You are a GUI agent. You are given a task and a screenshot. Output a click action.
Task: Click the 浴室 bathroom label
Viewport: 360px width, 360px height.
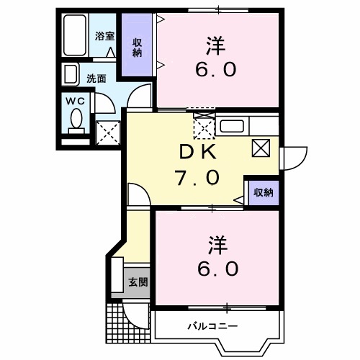coord(105,36)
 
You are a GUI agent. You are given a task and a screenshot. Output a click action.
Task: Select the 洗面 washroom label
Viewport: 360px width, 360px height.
coord(96,77)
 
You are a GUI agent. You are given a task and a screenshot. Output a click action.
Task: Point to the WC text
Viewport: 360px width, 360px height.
coord(76,102)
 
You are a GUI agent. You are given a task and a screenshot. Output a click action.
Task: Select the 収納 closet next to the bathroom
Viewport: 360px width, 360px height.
coord(135,47)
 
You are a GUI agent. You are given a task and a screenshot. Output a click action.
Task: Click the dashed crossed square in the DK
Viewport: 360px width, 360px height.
coord(204,128)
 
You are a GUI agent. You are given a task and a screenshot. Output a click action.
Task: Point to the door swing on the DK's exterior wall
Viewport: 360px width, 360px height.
coord(292,158)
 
